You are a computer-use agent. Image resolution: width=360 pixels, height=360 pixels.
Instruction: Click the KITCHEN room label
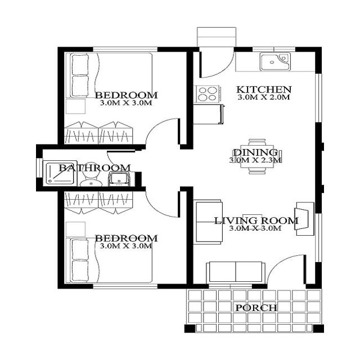[263, 89]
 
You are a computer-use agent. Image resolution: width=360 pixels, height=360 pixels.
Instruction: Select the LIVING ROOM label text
[256, 220]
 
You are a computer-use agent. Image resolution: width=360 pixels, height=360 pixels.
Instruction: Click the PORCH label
[256, 308]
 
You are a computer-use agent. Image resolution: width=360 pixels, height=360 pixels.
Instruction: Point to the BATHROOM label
[94, 168]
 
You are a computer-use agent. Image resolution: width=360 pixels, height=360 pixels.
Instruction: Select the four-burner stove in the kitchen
[206, 93]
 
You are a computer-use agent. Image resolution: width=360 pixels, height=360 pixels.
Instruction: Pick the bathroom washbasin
[119, 179]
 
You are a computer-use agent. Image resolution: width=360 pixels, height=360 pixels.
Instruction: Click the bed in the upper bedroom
[110, 75]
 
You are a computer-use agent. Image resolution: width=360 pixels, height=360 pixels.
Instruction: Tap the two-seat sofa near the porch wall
[235, 273]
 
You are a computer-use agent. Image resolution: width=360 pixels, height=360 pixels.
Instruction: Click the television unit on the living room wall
[303, 217]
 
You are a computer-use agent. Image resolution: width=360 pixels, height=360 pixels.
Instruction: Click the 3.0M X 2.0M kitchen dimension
[263, 97]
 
